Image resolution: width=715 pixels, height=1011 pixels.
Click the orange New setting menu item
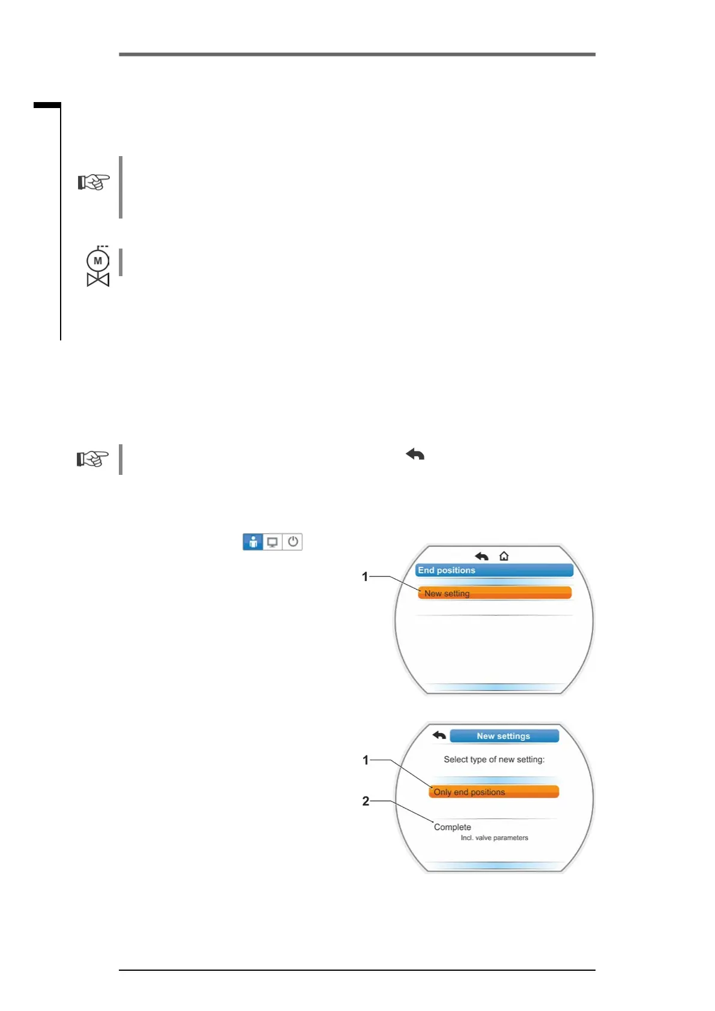click(494, 593)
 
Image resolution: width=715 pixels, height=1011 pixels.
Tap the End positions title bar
click(493, 570)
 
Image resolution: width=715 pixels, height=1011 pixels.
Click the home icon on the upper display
click(504, 556)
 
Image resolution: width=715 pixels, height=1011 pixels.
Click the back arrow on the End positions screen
click(481, 556)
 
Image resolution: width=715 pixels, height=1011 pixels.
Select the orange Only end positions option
click(493, 792)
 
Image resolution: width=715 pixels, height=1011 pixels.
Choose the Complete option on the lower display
click(453, 827)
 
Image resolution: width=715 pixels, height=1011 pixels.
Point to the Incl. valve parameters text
click(494, 838)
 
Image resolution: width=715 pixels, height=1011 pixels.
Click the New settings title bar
click(504, 736)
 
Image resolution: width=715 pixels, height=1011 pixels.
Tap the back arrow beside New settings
click(439, 735)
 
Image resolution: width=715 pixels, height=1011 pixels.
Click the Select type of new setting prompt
click(494, 759)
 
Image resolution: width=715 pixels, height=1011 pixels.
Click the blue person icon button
click(253, 542)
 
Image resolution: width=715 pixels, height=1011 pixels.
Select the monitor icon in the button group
click(273, 542)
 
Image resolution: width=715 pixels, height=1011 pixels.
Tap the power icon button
click(292, 542)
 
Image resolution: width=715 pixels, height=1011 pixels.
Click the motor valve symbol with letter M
click(98, 267)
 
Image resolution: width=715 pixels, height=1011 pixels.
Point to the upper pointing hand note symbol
click(94, 181)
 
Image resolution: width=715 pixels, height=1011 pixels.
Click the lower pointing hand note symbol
click(92, 459)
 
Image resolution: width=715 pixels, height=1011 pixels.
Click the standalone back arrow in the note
click(415, 454)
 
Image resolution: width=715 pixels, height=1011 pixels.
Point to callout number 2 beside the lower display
click(366, 801)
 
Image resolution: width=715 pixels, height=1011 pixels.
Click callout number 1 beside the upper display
click(365, 577)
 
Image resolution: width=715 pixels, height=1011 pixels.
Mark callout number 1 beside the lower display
click(366, 760)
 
